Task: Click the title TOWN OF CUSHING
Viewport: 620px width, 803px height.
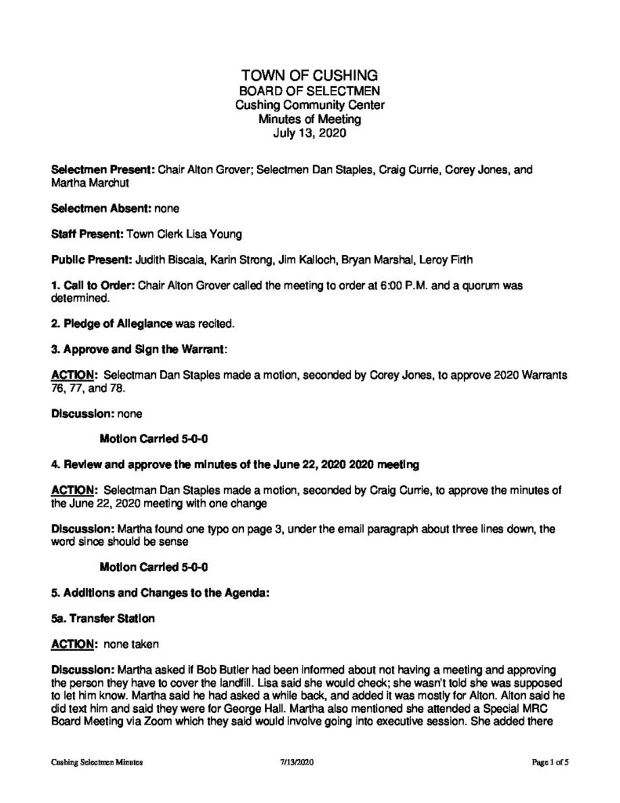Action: (x=310, y=76)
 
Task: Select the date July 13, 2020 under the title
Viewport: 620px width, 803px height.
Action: (x=310, y=133)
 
